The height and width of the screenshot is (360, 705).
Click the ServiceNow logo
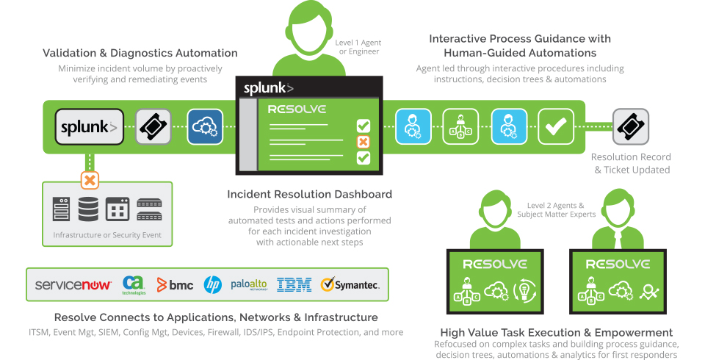73,285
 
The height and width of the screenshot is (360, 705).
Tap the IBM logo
294,285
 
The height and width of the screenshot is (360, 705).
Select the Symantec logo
350,285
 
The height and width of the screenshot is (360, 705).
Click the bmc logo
176,285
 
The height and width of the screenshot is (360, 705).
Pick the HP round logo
212,285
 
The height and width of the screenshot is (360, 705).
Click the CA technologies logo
134,284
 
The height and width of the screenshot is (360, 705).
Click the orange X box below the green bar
90,180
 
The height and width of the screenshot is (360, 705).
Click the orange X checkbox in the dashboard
363,142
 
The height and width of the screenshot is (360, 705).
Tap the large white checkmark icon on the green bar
556,126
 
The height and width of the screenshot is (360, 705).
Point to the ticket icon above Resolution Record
630,126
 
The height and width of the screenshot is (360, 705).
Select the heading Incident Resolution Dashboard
309,195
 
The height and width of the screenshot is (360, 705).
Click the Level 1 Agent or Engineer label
358,47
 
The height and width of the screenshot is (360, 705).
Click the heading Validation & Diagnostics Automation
140,53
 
